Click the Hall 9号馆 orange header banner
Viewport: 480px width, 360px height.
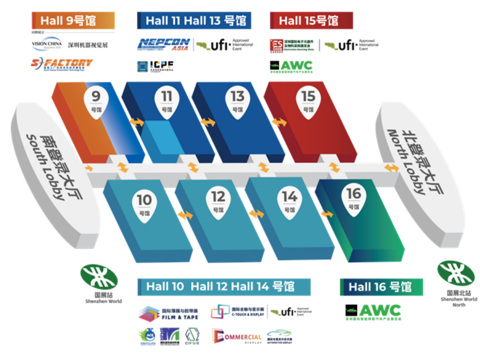click(73, 21)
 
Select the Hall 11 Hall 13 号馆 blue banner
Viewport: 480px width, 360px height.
click(194, 21)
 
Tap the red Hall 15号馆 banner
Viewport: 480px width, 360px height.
click(311, 21)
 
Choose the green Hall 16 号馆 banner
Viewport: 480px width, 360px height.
click(381, 287)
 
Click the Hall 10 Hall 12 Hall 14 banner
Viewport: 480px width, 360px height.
click(224, 287)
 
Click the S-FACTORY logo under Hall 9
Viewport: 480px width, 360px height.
click(62, 64)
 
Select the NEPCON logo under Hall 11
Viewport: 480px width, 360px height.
click(164, 45)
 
